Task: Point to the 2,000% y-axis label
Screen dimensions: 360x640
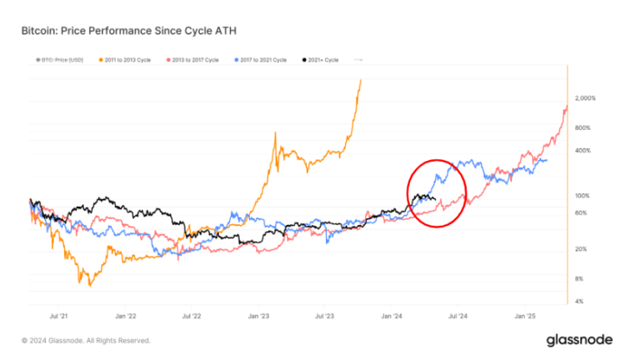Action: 586,98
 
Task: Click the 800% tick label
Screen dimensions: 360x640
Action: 583,127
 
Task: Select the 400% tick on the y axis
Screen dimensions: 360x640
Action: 583,150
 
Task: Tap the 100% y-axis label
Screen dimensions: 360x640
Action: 583,196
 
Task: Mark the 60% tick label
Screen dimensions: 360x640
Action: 582,213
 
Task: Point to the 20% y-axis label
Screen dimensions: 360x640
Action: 582,249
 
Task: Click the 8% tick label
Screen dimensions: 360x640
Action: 580,278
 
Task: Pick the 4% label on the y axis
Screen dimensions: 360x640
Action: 580,301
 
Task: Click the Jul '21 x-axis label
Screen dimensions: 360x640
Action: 59,317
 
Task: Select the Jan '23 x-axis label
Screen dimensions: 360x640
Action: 259,317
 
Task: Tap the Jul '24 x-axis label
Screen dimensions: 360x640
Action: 457,317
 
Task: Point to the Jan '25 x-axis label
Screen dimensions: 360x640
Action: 526,317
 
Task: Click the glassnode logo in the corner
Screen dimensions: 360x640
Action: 579,340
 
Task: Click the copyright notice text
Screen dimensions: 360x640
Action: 86,340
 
